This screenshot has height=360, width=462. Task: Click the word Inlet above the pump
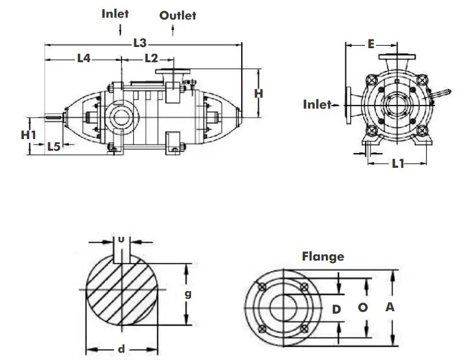[x=115, y=13]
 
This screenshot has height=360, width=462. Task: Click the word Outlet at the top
[x=178, y=15]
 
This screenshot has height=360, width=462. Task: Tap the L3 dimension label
[x=140, y=43]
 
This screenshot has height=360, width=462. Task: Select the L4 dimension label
[x=84, y=59]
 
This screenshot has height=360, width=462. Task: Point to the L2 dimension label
[x=151, y=59]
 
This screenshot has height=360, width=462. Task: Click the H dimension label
[x=258, y=93]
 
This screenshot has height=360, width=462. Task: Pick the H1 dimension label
[x=29, y=134]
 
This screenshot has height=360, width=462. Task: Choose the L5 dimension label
[x=54, y=146]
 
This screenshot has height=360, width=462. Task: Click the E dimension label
[x=370, y=43]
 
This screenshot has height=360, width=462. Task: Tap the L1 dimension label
[x=398, y=164]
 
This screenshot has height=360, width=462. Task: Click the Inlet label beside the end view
[x=317, y=104]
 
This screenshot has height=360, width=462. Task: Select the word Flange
[x=323, y=256]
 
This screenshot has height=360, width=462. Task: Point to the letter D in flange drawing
[x=336, y=309]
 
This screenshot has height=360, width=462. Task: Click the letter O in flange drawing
[x=363, y=308]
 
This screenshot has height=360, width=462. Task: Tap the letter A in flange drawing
[x=389, y=308]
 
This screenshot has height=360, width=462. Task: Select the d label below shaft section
[x=121, y=350]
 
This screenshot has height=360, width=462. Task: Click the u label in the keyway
[x=121, y=239]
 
